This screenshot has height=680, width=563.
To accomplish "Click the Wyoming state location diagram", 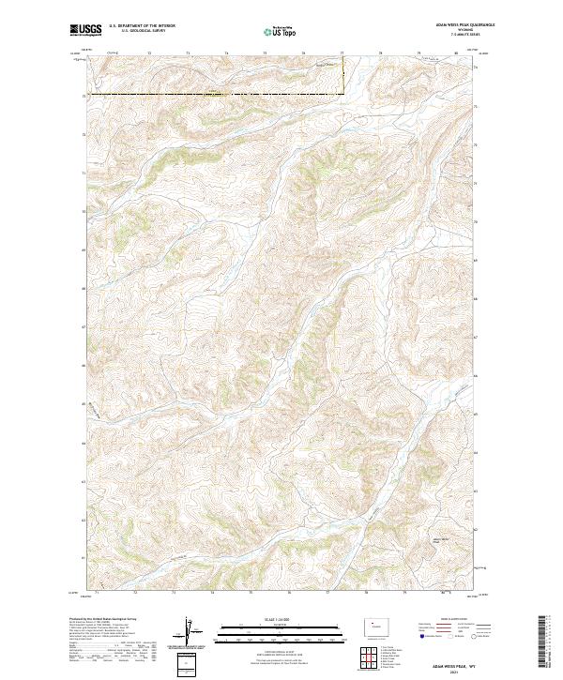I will [373, 624].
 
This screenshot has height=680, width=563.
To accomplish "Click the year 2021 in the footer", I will [454, 671].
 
